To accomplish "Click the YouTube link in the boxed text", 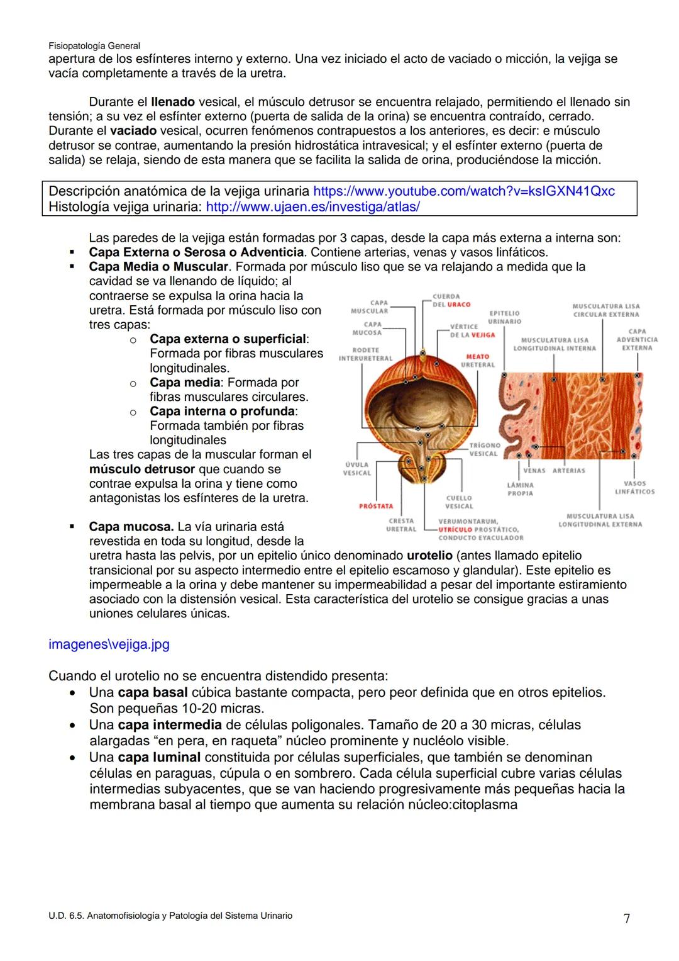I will point(463,191).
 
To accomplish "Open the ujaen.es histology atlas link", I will point(312,206).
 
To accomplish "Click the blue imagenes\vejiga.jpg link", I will point(109,644).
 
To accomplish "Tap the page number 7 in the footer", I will point(626,918).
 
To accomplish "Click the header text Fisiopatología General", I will point(94,46).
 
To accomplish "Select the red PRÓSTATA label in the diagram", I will point(376,506).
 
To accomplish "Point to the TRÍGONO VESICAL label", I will point(484,449).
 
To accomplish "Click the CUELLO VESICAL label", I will point(459,502).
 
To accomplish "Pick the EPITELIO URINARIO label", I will point(504,317).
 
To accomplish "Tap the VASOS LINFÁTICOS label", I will point(634,487).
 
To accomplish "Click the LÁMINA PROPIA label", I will point(520,489).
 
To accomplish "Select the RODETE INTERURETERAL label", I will point(365,354).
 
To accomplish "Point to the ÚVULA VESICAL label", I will point(356,469).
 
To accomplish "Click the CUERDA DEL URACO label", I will point(451,300).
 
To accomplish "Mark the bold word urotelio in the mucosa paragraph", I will point(429,556).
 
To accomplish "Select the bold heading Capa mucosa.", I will point(131,527).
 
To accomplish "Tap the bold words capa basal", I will point(153,693).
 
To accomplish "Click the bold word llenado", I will point(173,102).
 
